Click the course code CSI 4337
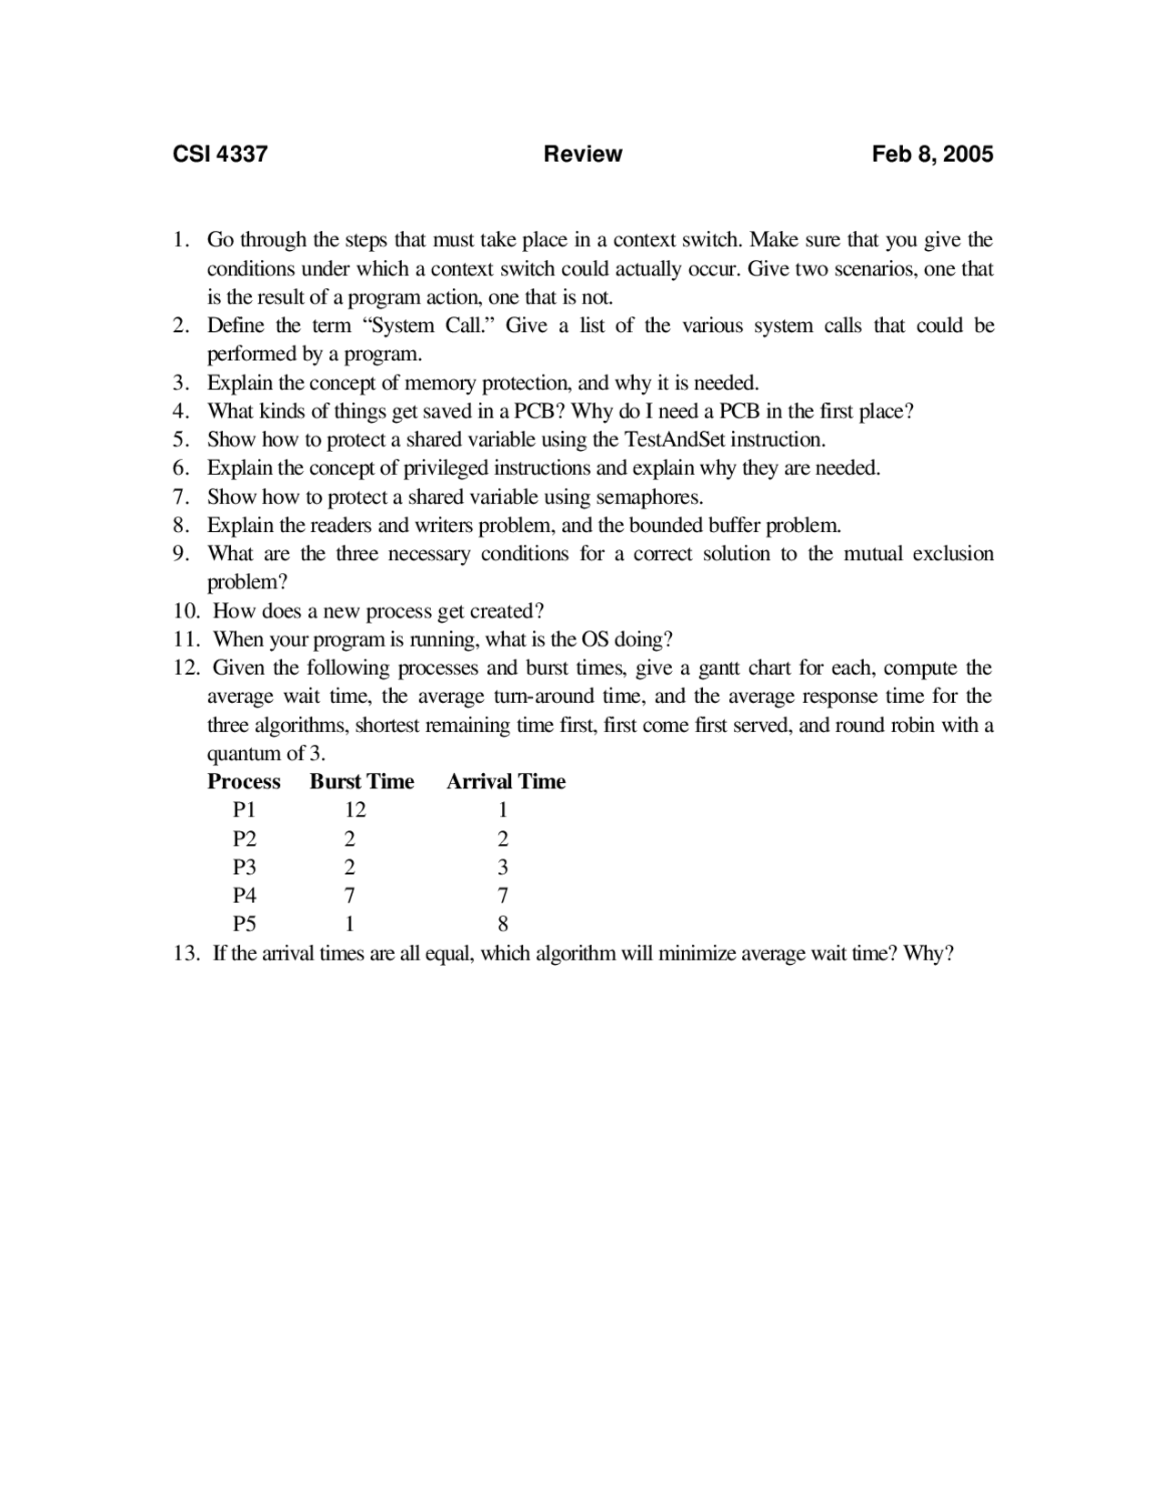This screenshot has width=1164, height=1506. [220, 154]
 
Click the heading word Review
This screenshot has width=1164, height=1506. [583, 154]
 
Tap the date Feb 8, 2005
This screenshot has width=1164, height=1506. [932, 154]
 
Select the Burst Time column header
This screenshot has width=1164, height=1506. [362, 781]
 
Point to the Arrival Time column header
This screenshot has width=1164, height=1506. [506, 781]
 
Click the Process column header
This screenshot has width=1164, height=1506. [244, 781]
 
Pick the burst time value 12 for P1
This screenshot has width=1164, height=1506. [355, 810]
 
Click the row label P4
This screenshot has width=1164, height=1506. [245, 896]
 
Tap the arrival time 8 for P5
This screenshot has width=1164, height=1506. [503, 925]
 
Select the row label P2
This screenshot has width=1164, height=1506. [245, 838]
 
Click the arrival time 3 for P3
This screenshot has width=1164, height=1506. [503, 868]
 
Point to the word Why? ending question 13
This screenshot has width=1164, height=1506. [928, 954]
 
